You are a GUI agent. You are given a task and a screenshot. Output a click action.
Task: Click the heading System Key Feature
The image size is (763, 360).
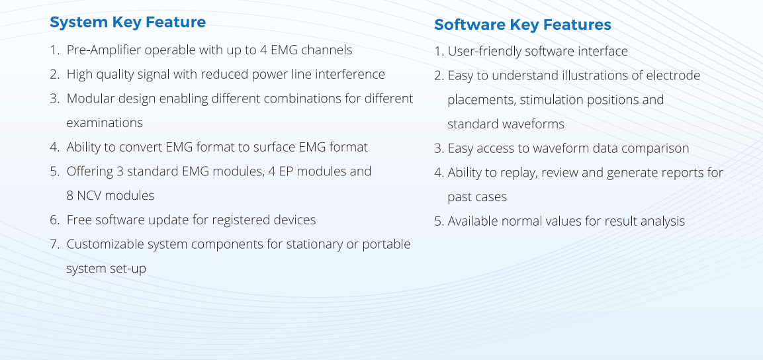click(128, 22)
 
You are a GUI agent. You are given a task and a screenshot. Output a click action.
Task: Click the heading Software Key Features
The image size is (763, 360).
click(523, 24)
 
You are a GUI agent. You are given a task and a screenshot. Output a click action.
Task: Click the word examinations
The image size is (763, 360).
click(105, 122)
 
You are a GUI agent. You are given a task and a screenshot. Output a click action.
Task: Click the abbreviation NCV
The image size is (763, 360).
click(89, 196)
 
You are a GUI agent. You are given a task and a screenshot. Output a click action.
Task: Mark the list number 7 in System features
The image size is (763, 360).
click(54, 244)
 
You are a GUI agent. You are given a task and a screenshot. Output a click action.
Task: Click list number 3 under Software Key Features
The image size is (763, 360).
click(439, 149)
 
